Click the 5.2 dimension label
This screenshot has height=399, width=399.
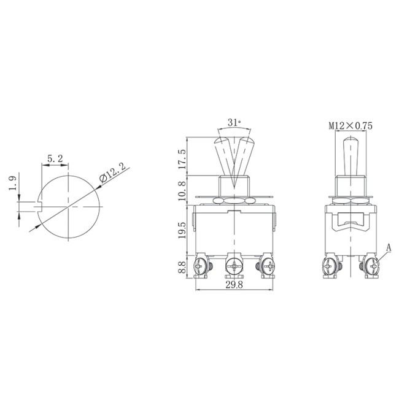point(55,158)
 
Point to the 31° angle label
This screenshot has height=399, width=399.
point(234,123)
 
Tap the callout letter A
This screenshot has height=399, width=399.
point(389,247)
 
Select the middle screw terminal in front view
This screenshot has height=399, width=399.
point(233,267)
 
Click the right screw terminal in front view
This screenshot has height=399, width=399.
point(268,267)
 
